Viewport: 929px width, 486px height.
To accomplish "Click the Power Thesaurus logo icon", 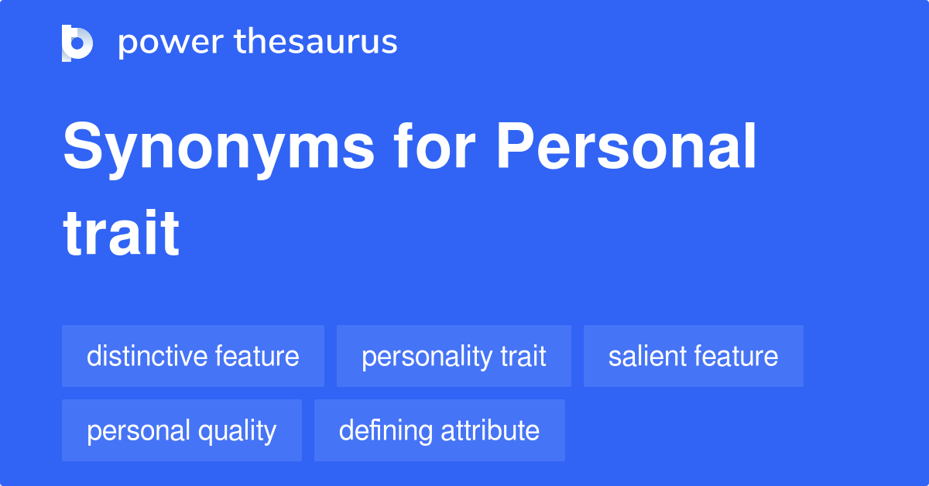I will (x=77, y=43).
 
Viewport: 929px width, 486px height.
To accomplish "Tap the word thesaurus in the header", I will (x=316, y=43).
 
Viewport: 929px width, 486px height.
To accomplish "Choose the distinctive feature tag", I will (x=193, y=356).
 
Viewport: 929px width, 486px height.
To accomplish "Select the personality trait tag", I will (x=454, y=356).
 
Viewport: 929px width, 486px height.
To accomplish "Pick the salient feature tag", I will (x=693, y=356).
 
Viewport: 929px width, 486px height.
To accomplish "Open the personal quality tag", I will (x=181, y=430).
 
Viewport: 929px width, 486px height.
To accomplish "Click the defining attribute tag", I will (x=439, y=430).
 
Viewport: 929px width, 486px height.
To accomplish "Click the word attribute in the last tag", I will (x=490, y=430).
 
